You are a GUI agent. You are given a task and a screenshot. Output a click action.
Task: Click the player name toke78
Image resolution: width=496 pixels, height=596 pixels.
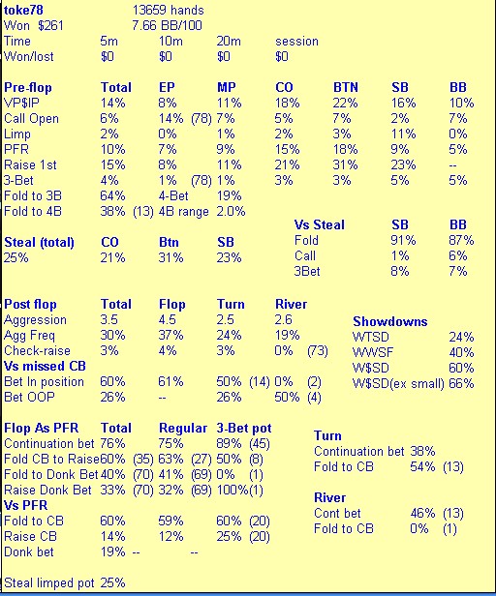click(23, 10)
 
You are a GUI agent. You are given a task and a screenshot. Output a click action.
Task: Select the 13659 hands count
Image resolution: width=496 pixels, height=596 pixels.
click(168, 10)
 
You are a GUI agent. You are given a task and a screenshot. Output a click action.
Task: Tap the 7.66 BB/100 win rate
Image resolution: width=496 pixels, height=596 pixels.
click(167, 25)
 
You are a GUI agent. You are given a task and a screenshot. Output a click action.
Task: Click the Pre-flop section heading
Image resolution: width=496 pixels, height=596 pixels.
click(28, 87)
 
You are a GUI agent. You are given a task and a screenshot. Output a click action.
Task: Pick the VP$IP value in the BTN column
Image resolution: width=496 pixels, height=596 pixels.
click(345, 103)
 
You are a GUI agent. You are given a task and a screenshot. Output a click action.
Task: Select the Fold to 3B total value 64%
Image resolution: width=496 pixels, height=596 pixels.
click(112, 195)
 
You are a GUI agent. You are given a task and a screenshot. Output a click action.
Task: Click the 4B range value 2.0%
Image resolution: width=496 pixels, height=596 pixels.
click(231, 211)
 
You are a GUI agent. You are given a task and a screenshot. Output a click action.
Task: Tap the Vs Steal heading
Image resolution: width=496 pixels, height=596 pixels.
click(319, 224)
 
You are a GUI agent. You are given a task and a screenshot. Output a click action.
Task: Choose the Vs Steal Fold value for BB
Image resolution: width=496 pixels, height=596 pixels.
click(461, 240)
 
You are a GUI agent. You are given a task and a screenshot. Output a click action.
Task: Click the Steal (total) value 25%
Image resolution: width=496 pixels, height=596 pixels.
click(16, 257)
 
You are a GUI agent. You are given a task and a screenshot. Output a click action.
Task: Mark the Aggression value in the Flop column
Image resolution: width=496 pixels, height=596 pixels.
click(168, 319)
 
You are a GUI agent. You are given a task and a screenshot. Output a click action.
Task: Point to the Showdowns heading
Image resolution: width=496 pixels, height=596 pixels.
click(389, 321)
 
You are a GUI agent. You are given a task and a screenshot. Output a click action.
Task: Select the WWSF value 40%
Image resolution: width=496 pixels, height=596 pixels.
click(461, 352)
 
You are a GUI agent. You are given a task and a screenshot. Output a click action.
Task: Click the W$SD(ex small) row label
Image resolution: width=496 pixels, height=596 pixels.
click(398, 383)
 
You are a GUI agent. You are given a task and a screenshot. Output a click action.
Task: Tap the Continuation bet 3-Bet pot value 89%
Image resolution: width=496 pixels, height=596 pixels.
click(229, 443)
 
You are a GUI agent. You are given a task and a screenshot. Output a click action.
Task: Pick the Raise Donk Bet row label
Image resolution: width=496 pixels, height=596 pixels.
click(47, 490)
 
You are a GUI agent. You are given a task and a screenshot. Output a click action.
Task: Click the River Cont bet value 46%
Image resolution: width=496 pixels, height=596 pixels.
click(422, 513)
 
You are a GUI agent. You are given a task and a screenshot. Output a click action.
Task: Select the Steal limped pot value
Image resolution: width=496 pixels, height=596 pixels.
click(112, 582)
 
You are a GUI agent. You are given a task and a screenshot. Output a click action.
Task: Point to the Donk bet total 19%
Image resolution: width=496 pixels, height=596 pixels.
click(112, 551)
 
